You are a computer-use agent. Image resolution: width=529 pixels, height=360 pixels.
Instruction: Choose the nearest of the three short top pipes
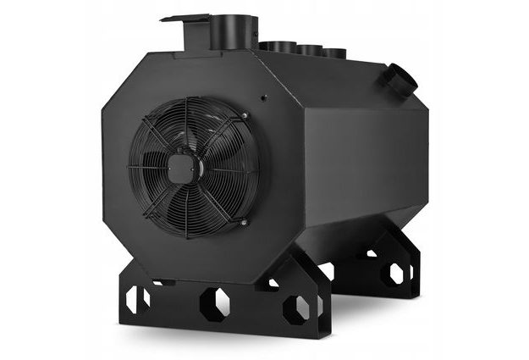(x=276, y=47)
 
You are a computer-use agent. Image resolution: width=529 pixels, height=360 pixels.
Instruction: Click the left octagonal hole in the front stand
(x=137, y=297)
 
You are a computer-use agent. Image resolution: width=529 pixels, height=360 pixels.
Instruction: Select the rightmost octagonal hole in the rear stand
(x=395, y=274)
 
